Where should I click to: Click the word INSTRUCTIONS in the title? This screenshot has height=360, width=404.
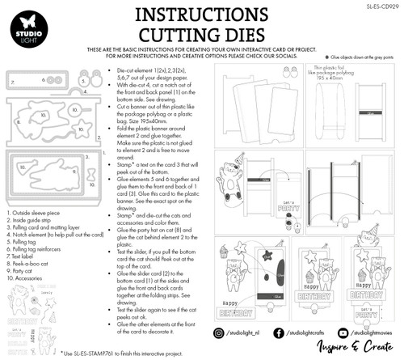(201, 15)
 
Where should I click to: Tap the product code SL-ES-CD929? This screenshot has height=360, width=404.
(381, 5)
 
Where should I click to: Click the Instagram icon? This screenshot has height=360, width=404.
(221, 332)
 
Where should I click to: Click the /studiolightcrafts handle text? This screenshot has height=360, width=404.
(307, 332)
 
